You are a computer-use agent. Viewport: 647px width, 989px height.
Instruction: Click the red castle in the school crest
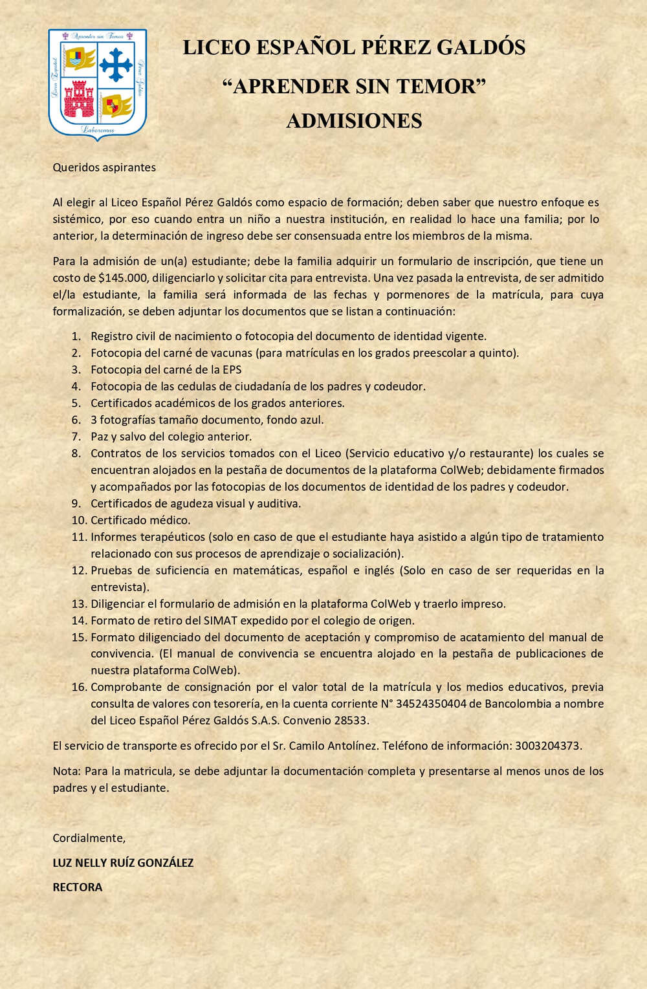(x=79, y=99)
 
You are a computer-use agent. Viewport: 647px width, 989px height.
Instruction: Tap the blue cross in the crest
(x=116, y=63)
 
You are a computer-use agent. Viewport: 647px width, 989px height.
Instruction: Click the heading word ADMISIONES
(x=354, y=121)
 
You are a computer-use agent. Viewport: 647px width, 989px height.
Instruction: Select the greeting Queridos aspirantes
(x=104, y=168)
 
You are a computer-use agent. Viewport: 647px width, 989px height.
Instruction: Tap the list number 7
(x=76, y=437)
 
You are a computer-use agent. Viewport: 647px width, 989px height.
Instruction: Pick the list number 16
(x=79, y=687)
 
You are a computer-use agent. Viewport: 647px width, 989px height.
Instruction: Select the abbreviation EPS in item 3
(x=232, y=370)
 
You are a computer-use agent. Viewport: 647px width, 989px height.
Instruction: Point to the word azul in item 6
(x=311, y=420)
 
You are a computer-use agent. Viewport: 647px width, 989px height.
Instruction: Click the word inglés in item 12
(x=380, y=571)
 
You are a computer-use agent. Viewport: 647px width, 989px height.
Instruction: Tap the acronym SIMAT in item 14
(x=221, y=621)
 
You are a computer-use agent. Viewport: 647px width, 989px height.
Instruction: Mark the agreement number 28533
(x=352, y=721)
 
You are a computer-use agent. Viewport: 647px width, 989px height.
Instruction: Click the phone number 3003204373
(x=547, y=746)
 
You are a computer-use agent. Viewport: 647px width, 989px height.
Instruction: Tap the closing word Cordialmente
(x=89, y=838)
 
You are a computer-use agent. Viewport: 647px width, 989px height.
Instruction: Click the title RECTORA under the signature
(x=78, y=887)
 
